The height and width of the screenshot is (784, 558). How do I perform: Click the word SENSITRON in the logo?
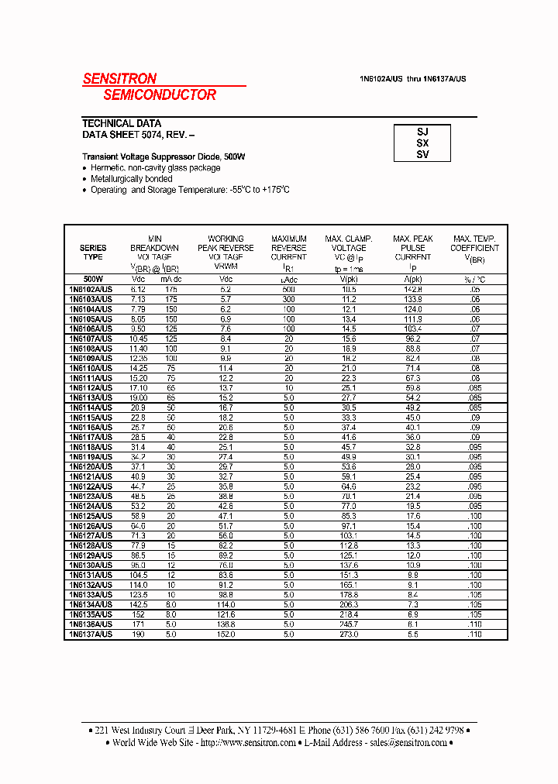pyautogui.click(x=119, y=78)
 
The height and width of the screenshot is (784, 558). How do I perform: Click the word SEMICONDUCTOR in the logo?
pyautogui.click(x=160, y=95)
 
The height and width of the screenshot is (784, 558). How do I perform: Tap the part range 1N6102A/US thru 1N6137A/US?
pyautogui.click(x=412, y=79)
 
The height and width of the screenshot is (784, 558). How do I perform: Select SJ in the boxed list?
pyautogui.click(x=422, y=132)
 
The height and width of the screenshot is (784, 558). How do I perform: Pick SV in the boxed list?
pyautogui.click(x=422, y=154)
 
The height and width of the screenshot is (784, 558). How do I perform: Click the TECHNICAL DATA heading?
pyautogui.click(x=122, y=123)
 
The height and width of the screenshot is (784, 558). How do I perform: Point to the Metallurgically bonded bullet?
pyautogui.click(x=131, y=179)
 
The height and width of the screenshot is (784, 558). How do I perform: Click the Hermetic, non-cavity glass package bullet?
pyautogui.click(x=155, y=168)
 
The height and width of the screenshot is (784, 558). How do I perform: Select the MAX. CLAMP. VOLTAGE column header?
pyautogui.click(x=349, y=248)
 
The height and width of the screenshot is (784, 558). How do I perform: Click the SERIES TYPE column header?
pyautogui.click(x=93, y=253)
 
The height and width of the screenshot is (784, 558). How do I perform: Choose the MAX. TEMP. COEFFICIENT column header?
pyautogui.click(x=474, y=248)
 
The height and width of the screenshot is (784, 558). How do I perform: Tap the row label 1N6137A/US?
pyautogui.click(x=91, y=634)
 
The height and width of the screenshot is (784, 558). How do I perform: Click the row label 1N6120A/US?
pyautogui.click(x=91, y=467)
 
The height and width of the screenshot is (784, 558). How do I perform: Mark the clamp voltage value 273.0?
pyautogui.click(x=349, y=634)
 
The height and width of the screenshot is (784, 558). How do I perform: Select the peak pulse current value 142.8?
pyautogui.click(x=412, y=288)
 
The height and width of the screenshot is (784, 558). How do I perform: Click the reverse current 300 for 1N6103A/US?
pyautogui.click(x=288, y=298)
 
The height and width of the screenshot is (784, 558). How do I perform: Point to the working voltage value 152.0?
pyautogui.click(x=226, y=634)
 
